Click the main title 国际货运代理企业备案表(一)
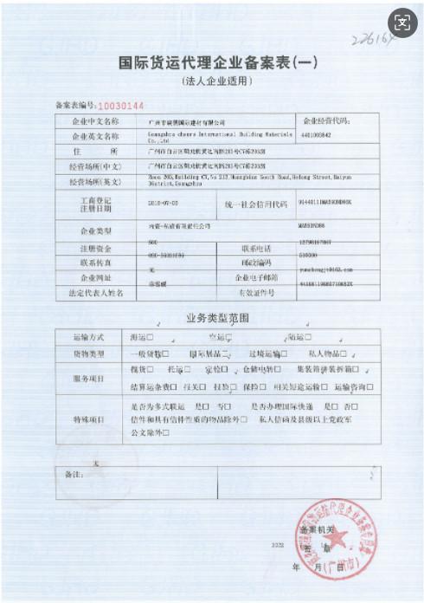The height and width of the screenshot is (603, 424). pyautogui.click(x=212, y=63)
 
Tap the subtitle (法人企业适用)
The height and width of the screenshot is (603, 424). pyautogui.click(x=212, y=81)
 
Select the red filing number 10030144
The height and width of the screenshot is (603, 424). pyautogui.click(x=110, y=105)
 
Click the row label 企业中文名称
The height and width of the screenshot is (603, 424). pyautogui.click(x=89, y=123)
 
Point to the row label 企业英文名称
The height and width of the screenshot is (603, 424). pyautogui.click(x=89, y=137)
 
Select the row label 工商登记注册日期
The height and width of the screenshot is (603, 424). pyautogui.click(x=89, y=204)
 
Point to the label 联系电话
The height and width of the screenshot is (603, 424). pyautogui.click(x=257, y=250)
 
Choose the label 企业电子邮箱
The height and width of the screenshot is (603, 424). pyautogui.click(x=257, y=278)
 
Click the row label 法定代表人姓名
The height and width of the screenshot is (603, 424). pyautogui.click(x=89, y=293)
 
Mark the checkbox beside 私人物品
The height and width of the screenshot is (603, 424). pyautogui.click(x=344, y=353)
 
